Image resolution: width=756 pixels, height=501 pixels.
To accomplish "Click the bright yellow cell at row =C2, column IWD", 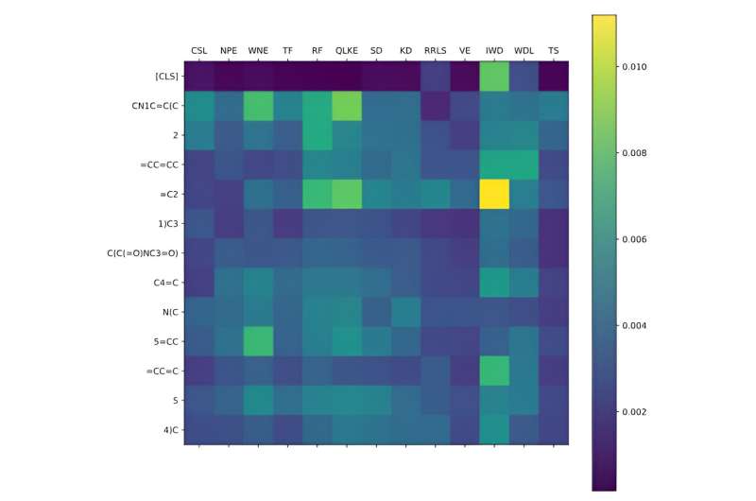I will point(494,193).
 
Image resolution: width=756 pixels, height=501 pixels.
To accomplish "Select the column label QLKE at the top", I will point(347,50).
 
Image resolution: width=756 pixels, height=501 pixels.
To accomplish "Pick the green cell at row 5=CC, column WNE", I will point(258,340).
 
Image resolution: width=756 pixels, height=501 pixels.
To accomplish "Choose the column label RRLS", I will point(435,50).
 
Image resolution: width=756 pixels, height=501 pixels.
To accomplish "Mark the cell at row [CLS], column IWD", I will point(494,75).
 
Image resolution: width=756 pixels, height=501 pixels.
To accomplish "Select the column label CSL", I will point(199,50).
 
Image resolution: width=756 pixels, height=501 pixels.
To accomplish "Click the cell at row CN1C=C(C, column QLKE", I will point(347,104).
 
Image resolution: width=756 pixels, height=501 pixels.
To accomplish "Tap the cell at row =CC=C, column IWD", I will point(494,370).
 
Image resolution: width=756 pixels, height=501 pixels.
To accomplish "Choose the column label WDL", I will point(524,50).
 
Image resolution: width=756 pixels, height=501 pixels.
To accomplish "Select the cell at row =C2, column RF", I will point(318,193).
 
